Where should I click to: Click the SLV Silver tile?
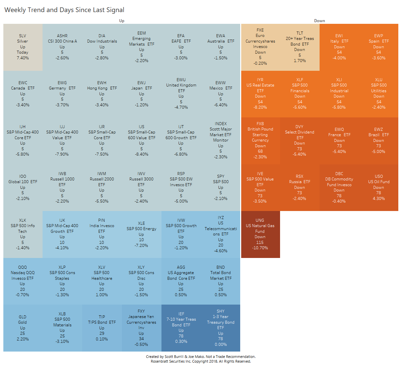click(x=23, y=47)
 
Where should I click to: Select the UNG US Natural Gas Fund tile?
click(x=260, y=234)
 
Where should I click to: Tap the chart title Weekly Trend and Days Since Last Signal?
click(x=64, y=10)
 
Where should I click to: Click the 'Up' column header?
click(x=122, y=21)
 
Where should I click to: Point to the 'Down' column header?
click(x=319, y=21)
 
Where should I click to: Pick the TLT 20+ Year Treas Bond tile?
click(x=300, y=47)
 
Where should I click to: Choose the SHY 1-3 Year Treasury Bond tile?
click(x=220, y=328)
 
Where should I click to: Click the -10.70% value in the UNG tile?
click(x=260, y=248)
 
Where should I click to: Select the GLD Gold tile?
click(x=23, y=328)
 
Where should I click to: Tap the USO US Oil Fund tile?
click(x=379, y=188)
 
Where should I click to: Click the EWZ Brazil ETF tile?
click(x=379, y=141)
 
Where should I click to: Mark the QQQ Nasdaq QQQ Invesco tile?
click(x=23, y=281)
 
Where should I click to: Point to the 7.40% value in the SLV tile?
click(x=23, y=58)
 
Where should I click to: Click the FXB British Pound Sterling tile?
click(x=260, y=141)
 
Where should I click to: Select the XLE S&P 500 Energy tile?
click(x=141, y=234)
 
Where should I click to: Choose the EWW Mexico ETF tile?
click(x=220, y=94)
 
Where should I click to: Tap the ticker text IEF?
click(x=181, y=314)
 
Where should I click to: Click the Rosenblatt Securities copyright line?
click(x=201, y=361)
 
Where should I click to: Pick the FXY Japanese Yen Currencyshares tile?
click(x=141, y=328)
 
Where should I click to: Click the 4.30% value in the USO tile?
click(x=379, y=199)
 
